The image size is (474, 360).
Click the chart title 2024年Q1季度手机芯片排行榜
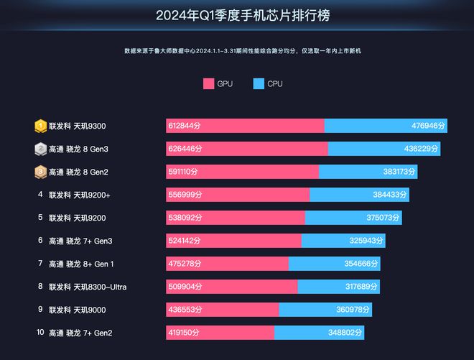[238, 15]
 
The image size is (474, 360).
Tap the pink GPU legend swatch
[210, 84]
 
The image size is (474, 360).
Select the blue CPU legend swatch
[259, 84]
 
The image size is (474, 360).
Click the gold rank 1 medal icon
[41, 126]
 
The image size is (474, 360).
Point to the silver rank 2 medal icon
[41, 149]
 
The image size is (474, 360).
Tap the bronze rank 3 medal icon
[41, 172]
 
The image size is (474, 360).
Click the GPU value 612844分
[185, 126]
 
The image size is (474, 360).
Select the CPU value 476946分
[429, 126]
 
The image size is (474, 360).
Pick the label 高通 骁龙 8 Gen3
[78, 149]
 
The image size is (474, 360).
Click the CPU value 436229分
[422, 149]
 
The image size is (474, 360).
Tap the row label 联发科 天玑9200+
[79, 195]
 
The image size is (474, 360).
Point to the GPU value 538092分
[185, 218]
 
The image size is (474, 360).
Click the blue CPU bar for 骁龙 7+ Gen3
[343, 241]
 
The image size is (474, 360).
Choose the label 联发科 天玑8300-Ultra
[88, 287]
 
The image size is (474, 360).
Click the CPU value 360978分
[353, 310]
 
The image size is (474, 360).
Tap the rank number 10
[40, 333]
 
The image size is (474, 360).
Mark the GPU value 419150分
[185, 333]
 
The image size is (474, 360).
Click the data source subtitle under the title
[237, 51]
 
